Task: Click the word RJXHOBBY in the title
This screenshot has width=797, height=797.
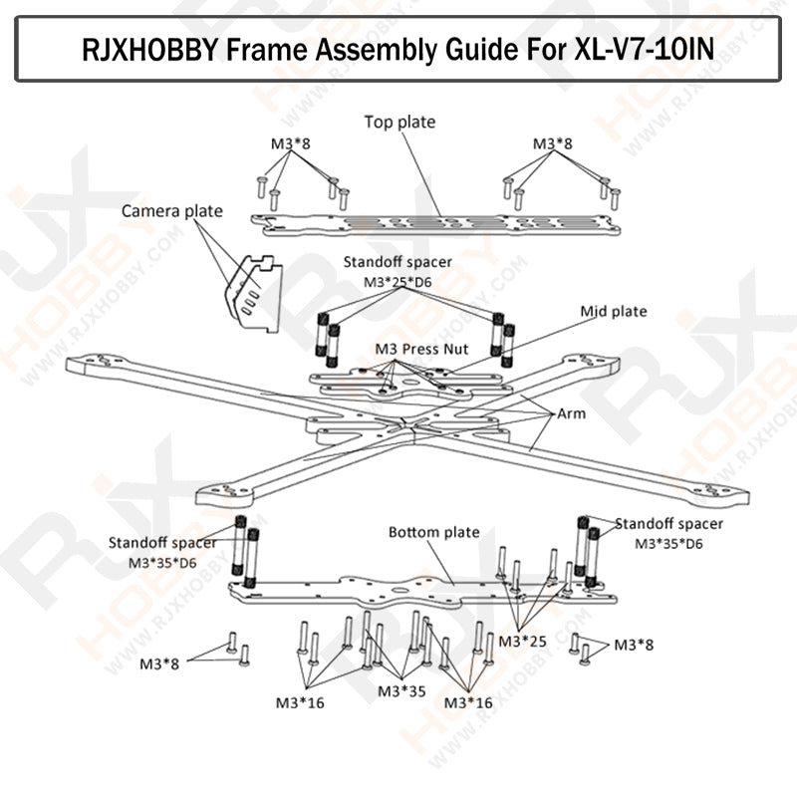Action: pyautogui.click(x=147, y=48)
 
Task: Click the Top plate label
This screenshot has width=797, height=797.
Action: pyautogui.click(x=399, y=123)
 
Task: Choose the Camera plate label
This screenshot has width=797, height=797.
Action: pyautogui.click(x=171, y=211)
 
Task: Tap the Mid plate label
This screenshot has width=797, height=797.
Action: pyautogui.click(x=614, y=312)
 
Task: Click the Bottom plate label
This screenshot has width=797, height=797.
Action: pyautogui.click(x=433, y=533)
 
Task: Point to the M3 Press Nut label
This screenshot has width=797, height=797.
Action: pyautogui.click(x=421, y=350)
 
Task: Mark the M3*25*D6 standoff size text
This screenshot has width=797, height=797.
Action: pyautogui.click(x=397, y=282)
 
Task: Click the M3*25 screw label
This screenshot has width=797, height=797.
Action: pyautogui.click(x=522, y=640)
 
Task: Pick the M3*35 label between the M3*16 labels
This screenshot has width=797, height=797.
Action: pyautogui.click(x=402, y=690)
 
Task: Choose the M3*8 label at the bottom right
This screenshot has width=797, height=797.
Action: pyautogui.click(x=634, y=646)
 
